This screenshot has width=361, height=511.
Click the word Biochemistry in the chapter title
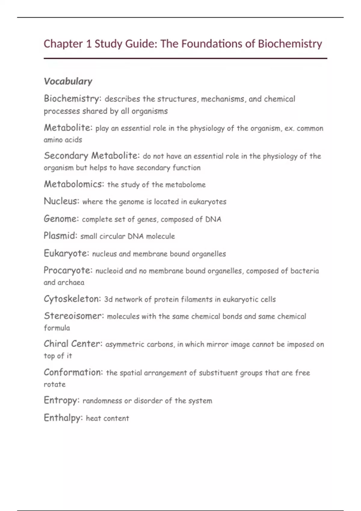click(x=290, y=44)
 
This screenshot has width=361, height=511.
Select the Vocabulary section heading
click(x=68, y=81)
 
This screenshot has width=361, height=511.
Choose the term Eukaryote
click(x=66, y=253)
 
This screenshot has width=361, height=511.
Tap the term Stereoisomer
click(x=74, y=316)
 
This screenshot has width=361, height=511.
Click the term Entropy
click(x=61, y=400)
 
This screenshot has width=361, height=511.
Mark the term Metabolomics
click(x=74, y=184)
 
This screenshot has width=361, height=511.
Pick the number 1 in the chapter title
click(x=88, y=44)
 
